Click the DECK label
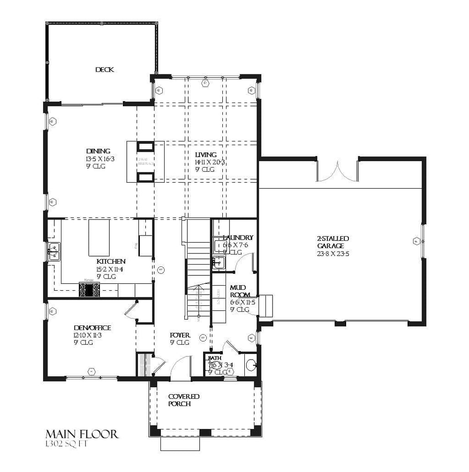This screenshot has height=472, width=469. click(105, 70)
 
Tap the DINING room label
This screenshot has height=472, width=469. click(98, 151)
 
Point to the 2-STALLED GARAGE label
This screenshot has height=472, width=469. click(333, 242)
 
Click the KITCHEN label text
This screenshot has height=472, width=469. click(111, 261)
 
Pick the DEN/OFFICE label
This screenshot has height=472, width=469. click(92, 328)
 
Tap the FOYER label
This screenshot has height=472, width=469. click(180, 336)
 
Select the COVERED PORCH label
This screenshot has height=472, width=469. click(184, 400)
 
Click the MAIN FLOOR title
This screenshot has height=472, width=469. click(82, 434)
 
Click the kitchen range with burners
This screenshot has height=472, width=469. click(89, 290)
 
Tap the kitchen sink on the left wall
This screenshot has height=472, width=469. click(54, 251)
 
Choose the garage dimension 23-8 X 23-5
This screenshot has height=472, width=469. click(333, 254)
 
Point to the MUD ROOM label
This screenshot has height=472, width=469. click(239, 292)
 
